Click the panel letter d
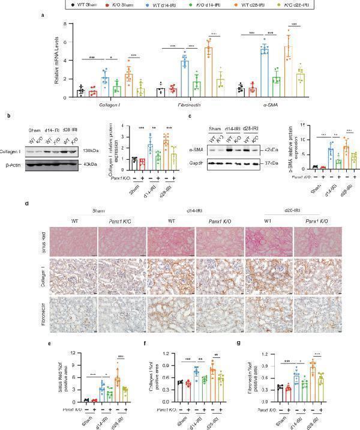pyautogui.click(x=28, y=204)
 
